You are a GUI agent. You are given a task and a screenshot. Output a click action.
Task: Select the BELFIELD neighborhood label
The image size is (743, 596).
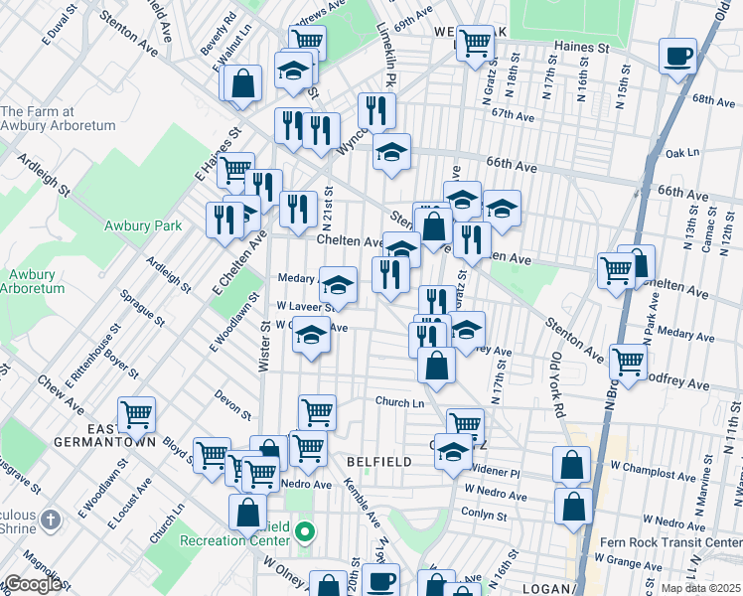tap(373, 462)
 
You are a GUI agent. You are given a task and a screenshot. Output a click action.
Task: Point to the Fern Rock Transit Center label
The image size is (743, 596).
tap(686, 542)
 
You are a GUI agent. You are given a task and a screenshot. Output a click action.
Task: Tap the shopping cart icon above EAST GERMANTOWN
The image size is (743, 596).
tap(136, 413)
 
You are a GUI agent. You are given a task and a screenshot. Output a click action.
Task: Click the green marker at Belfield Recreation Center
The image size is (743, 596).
tap(306, 534)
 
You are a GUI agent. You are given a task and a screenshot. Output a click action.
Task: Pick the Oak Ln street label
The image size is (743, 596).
tap(682, 154)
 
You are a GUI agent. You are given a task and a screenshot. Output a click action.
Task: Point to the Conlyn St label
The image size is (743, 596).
tap(484, 514)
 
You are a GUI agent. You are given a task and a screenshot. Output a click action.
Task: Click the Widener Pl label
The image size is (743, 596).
tap(496, 472)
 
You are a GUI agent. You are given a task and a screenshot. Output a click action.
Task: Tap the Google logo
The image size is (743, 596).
tap(32, 584)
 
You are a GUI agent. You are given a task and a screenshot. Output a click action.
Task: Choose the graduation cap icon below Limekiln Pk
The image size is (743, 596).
tap(391, 152)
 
